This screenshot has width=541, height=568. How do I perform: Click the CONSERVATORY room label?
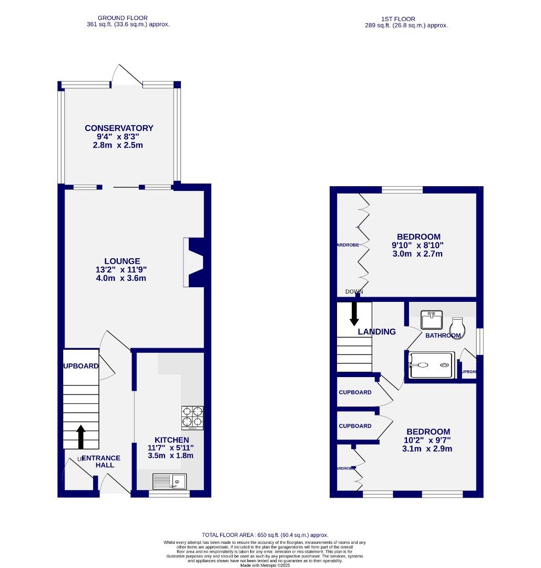coord(119,128)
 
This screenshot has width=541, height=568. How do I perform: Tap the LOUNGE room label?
coord(122,261)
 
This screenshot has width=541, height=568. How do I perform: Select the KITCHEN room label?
coord(171,440)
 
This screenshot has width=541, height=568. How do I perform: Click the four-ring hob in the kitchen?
coord(192,418)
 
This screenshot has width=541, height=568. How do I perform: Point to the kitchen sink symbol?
coord(169,481)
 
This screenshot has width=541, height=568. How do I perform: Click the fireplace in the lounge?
coord(193,262)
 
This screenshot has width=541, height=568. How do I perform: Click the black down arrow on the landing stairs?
coord(354,313)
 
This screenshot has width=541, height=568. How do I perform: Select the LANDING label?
coord(376,332)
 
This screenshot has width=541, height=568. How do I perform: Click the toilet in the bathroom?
coord(456,326)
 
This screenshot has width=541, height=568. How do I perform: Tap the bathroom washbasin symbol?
coord(432,320)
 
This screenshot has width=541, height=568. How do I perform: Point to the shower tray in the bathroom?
coord(431,366)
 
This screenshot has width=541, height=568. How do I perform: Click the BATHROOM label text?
coord(443,336)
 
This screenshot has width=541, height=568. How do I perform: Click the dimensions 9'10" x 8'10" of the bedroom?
coord(417,245)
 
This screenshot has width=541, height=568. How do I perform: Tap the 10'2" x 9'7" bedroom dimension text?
coord(427,440)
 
